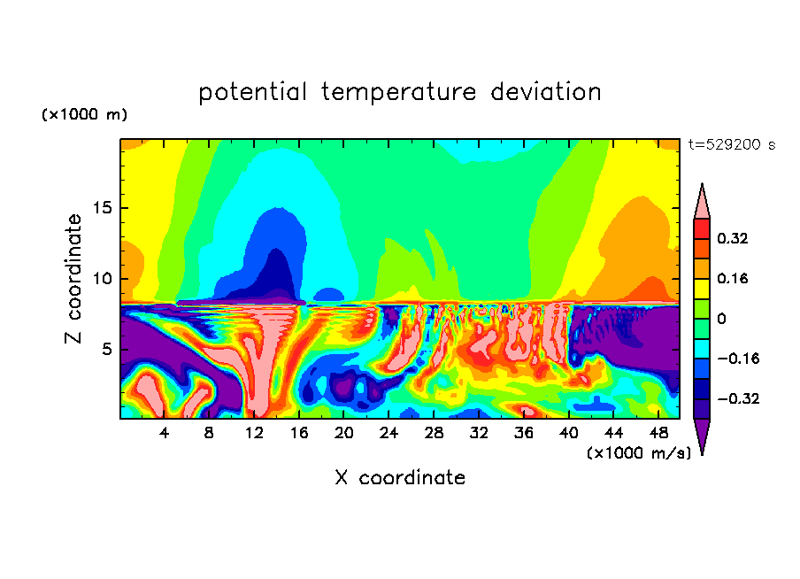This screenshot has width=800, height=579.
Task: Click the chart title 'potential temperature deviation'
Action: coord(399,92)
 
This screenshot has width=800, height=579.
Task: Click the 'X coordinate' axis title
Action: coord(400,478)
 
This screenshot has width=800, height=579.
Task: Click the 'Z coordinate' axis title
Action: coord(75,278)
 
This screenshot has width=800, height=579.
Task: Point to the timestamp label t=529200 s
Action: coord(731,144)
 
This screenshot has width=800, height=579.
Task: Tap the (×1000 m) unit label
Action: coord(84,115)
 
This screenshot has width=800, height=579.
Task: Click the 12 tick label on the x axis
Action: coord(254,433)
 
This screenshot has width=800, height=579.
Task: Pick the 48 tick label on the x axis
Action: coord(658,433)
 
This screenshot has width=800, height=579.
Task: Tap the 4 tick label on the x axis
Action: coord(165,433)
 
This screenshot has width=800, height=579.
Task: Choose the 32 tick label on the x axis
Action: coord(478,433)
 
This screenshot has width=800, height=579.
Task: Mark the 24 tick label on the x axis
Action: coord(388,433)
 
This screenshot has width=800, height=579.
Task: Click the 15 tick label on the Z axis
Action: coord(100,209)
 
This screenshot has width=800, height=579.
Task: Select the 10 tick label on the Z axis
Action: coord(100,279)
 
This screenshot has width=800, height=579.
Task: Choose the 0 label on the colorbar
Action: coord(721,319)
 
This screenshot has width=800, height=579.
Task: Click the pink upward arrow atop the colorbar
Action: coord(701,202)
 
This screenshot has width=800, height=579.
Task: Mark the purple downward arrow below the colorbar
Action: coord(701,436)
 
